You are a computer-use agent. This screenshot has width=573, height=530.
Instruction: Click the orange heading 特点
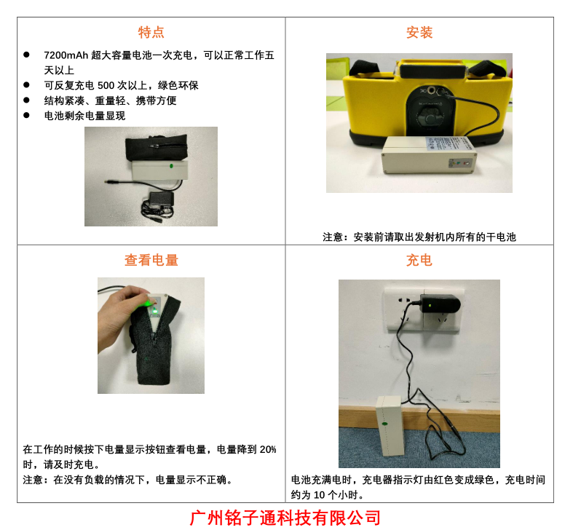pos(151,32)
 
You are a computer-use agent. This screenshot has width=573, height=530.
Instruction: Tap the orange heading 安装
pos(419,32)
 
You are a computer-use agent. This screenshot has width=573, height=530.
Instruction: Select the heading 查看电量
pos(151,260)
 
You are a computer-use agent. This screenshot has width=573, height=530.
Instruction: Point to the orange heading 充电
pos(419,260)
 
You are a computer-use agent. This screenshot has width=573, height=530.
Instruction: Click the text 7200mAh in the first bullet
pos(66,55)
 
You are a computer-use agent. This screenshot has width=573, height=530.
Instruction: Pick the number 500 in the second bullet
pos(106,85)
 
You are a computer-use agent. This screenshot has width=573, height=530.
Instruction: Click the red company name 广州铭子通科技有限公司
pos(285,518)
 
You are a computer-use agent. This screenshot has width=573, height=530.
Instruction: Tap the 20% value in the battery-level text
pos(268,449)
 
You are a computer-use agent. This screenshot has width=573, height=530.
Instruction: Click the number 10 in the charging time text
pos(319,495)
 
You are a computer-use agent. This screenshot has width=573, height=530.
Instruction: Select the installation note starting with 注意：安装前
pos(419,237)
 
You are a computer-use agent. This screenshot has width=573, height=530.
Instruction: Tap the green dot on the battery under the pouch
pos(171,166)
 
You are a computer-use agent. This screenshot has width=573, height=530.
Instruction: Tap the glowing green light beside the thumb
pos(154,312)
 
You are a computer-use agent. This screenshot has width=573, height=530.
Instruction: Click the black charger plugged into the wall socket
pos(440,304)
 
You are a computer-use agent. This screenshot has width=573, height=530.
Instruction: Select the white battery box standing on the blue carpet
pos(390,425)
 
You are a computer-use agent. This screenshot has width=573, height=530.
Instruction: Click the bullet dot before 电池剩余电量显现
pos(26,115)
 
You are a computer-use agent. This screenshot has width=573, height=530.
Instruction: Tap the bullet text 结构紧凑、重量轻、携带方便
pos(110,100)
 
